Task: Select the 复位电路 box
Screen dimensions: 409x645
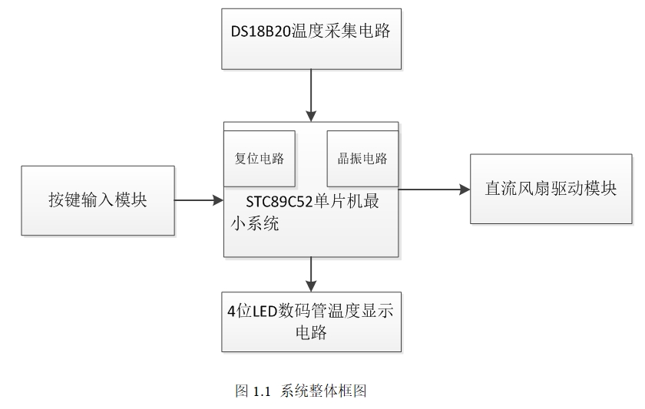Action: (259, 159)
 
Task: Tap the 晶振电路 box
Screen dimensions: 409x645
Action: (362, 159)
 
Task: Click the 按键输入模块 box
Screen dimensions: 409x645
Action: (98, 200)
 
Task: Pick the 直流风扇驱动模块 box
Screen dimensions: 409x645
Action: (551, 189)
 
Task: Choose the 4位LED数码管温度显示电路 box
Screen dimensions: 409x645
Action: (310, 322)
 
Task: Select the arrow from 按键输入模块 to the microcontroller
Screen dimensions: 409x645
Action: (198, 200)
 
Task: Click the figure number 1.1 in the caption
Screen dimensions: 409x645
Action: (263, 391)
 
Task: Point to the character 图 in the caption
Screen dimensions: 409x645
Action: (241, 391)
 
